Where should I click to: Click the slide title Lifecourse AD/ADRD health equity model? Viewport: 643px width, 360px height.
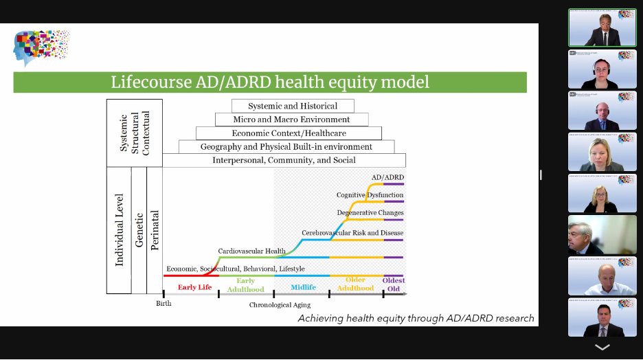pyautogui.click(x=270, y=82)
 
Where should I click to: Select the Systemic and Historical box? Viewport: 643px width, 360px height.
pyautogui.click(x=293, y=106)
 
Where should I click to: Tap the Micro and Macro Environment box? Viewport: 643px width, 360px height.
pyautogui.click(x=292, y=120)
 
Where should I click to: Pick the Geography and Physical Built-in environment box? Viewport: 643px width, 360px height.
pyautogui.click(x=286, y=146)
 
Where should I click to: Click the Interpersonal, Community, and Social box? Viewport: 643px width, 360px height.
pyautogui.click(x=284, y=160)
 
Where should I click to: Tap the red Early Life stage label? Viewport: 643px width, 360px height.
pyautogui.click(x=194, y=287)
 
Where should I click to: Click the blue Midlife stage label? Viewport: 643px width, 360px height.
pyautogui.click(x=303, y=287)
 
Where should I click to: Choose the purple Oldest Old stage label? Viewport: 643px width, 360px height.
pyautogui.click(x=394, y=284)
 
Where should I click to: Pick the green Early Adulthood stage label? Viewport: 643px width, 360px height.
pyautogui.click(x=245, y=284)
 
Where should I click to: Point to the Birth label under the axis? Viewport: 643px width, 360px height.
pyautogui.click(x=163, y=303)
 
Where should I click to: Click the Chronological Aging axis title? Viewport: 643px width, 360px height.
pyautogui.click(x=280, y=304)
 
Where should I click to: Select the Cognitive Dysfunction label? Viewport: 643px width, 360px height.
pyautogui.click(x=370, y=195)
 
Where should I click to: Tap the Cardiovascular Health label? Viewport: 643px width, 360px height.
pyautogui.click(x=251, y=251)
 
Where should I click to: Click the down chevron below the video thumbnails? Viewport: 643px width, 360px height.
pyautogui.click(x=602, y=348)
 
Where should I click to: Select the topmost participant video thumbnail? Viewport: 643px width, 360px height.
pyautogui.click(x=602, y=27)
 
